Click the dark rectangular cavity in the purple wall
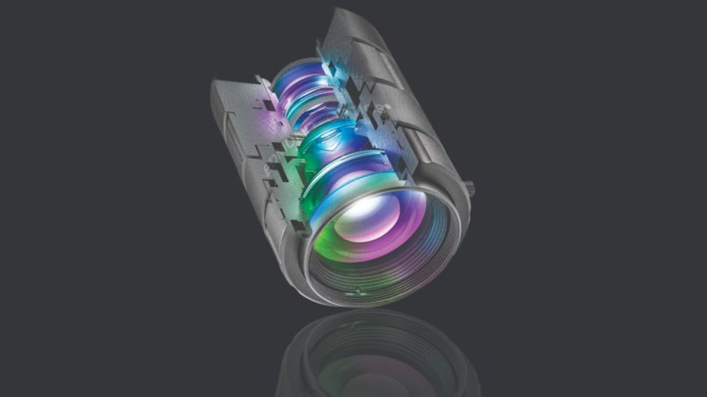[x=269, y=106]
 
